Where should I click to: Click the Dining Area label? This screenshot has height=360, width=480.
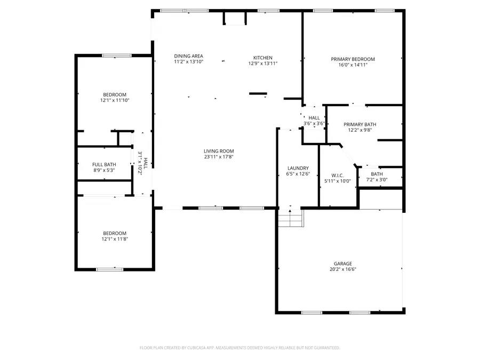tap(188, 56)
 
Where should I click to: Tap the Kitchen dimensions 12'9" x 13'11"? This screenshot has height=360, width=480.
tap(263, 63)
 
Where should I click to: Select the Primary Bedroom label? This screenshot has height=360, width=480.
tap(353, 59)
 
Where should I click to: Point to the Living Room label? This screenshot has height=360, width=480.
tap(219, 151)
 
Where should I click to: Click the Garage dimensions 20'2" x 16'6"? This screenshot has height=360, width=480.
tap(343, 270)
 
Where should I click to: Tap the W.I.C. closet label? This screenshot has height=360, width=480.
tap(337, 174)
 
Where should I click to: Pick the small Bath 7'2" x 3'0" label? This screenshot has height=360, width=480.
tap(377, 174)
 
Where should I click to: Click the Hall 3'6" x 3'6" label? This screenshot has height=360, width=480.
tap(314, 118)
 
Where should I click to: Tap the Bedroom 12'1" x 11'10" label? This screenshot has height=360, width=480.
tap(115, 94)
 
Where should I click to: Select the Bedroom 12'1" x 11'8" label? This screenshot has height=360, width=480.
tap(115, 233)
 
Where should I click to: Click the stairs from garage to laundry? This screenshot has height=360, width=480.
tap(290, 218)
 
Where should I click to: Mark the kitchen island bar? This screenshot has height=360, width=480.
tap(258, 94)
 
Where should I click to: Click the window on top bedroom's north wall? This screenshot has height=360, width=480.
tap(117, 55)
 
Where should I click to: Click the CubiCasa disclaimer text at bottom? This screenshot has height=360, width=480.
tap(239, 348)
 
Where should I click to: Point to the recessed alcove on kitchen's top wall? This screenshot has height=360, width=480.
tap(235, 18)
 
